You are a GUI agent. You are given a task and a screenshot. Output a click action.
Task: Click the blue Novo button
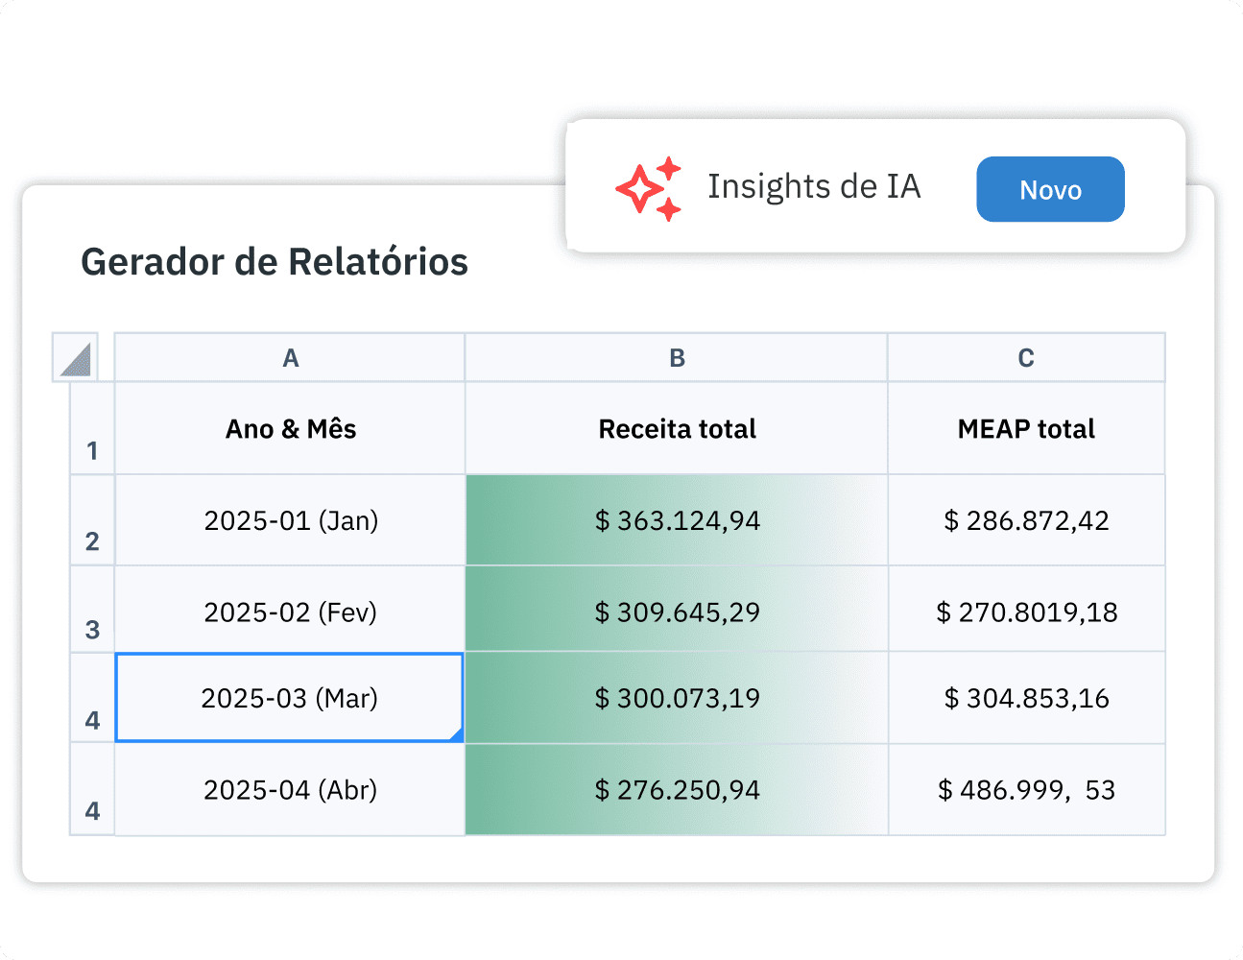(x=1050, y=189)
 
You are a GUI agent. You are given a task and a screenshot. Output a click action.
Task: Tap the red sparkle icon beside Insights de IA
(x=648, y=189)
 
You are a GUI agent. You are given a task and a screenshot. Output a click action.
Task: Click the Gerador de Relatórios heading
(x=275, y=262)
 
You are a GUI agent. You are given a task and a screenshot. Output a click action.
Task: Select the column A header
(x=290, y=358)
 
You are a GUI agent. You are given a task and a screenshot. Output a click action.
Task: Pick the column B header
(x=677, y=358)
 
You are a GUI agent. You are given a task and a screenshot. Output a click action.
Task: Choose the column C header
(x=1026, y=358)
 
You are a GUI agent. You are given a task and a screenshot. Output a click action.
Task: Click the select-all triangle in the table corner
(x=76, y=359)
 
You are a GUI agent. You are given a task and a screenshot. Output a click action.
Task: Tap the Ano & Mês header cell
(x=290, y=429)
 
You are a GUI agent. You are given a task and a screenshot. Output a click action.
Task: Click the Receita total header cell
(x=677, y=429)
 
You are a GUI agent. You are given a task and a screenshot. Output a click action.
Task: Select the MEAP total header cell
(x=1026, y=429)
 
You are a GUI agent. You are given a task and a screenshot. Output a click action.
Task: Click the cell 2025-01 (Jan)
(x=290, y=520)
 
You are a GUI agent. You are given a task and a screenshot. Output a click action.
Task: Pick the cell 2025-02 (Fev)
(x=290, y=612)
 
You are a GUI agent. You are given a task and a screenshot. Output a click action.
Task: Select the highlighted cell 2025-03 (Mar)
(x=289, y=698)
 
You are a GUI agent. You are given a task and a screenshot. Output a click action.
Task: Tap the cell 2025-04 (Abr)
(x=290, y=790)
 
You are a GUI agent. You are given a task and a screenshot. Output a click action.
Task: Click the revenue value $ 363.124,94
(x=677, y=520)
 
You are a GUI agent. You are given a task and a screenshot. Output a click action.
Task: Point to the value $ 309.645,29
(x=677, y=612)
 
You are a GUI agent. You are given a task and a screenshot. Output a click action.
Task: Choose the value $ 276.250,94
(x=677, y=790)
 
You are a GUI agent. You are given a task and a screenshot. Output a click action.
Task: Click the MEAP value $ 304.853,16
(x=1026, y=698)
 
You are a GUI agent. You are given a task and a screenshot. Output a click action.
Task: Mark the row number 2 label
(x=92, y=540)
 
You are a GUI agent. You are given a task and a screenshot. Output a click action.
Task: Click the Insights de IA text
(x=814, y=186)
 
